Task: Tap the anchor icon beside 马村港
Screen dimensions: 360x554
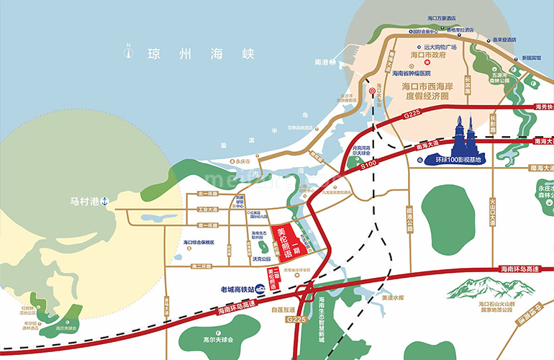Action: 104,201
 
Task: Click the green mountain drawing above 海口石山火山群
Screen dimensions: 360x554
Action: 474,288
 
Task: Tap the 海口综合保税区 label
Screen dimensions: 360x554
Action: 199,243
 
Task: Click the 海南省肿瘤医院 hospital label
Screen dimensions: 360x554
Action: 411,73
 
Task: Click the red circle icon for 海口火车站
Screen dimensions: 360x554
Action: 372,91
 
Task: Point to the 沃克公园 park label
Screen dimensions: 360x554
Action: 261,259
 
